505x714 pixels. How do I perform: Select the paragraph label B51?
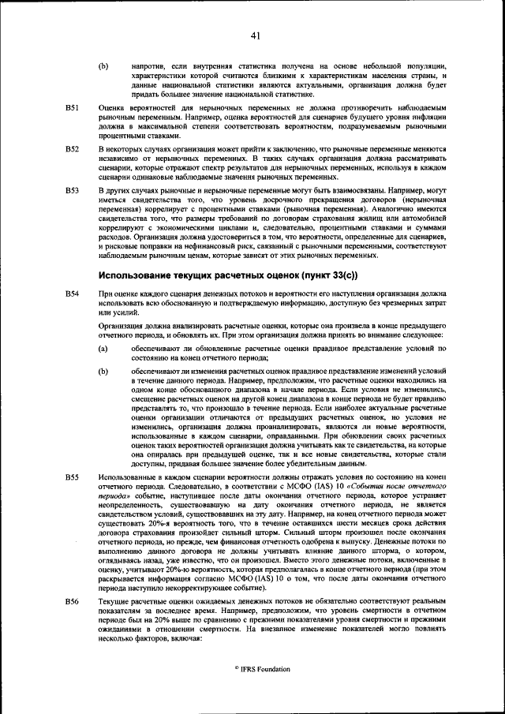[x=72, y=106]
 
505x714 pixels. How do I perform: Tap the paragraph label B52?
[x=72, y=148]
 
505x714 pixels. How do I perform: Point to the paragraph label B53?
[x=72, y=190]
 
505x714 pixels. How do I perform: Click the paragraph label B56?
[x=72, y=601]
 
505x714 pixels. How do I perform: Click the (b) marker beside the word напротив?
[x=103, y=65]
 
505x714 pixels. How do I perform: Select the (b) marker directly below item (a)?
[x=103, y=371]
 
